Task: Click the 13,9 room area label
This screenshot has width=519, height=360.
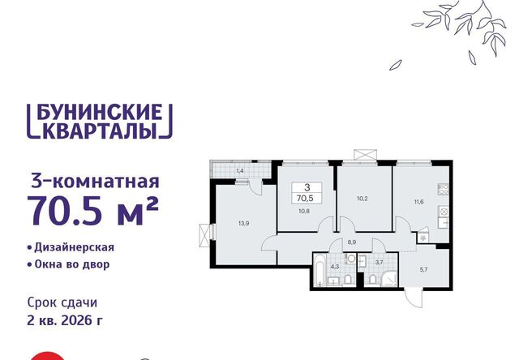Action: pos(243,223)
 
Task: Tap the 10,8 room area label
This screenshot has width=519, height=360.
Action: pos(304,211)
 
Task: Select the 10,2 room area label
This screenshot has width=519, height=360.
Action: pos(362,199)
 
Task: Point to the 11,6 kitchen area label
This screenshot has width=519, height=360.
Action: pos(418,202)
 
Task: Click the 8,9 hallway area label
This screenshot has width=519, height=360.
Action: pos(352,242)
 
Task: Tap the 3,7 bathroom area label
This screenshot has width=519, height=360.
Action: pos(380,263)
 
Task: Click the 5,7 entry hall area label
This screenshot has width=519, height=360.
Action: pos(423,270)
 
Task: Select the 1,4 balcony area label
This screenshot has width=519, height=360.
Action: pos(240,171)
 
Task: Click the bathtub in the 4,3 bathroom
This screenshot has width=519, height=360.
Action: pos(320,270)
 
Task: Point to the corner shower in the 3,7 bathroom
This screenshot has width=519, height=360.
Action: pos(389,279)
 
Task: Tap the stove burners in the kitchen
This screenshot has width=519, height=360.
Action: pos(444,189)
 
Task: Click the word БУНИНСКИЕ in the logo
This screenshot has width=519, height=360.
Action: pos(100,112)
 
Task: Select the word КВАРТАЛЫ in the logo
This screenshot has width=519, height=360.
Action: pos(100,131)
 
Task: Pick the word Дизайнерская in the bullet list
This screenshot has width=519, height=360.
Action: pos(74,247)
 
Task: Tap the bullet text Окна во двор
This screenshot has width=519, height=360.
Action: pos(72,264)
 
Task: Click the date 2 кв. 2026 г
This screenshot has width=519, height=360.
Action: pos(65,320)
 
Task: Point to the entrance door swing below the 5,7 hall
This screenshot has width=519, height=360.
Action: pos(414,298)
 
